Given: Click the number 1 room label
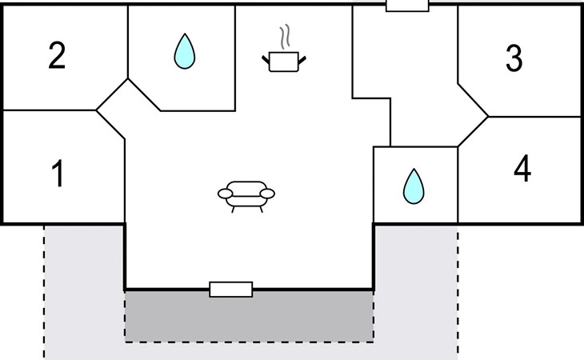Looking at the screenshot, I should [57, 174].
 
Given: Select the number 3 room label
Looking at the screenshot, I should [514, 58].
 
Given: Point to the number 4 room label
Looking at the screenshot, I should [522, 170].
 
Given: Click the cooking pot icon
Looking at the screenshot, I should [284, 61].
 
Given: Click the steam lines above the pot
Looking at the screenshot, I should [284, 38].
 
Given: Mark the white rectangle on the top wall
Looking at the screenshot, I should [407, 6].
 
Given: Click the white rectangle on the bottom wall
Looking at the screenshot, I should [230, 290].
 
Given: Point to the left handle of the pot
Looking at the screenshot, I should [266, 58].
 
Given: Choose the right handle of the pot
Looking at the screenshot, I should [302, 58].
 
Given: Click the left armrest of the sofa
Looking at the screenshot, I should [225, 193].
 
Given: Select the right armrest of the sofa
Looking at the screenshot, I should [267, 193].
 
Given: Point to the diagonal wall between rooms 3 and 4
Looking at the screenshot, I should [473, 99].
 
